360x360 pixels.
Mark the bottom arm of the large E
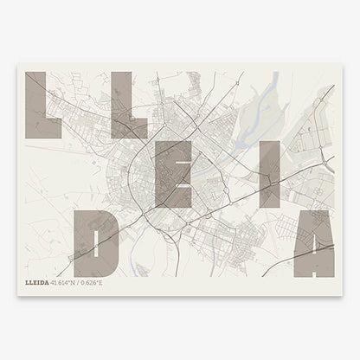pos(183,200)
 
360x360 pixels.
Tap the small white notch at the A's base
pos(304,269)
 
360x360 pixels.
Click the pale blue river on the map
pos(270,87)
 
